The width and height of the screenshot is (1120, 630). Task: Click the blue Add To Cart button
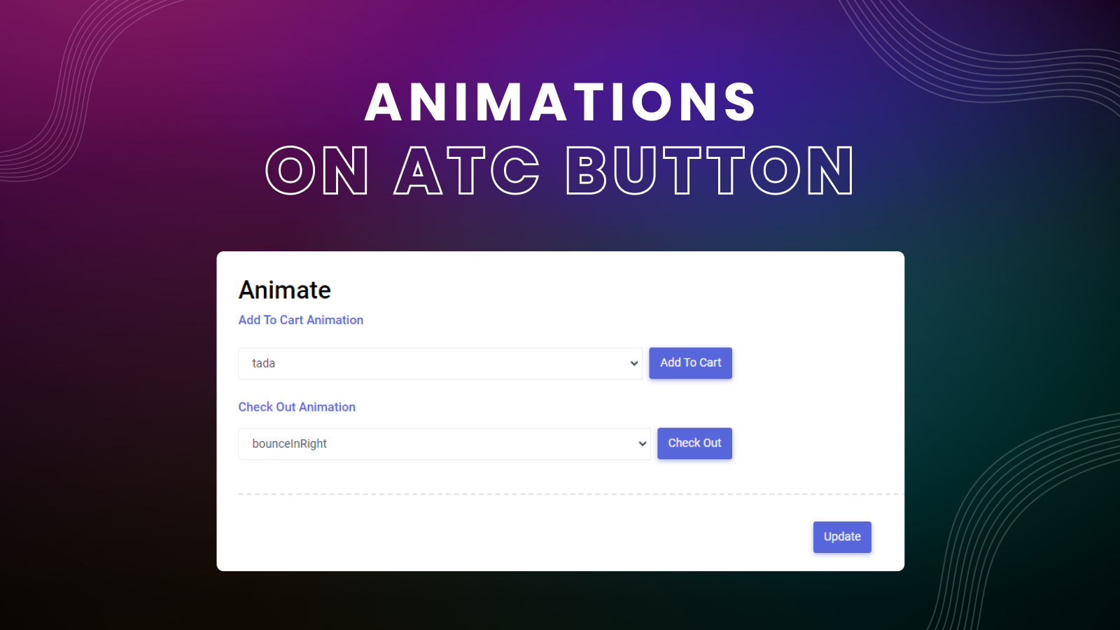tap(690, 363)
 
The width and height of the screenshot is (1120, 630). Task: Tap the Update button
tap(842, 537)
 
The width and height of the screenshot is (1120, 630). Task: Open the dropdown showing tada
tap(440, 363)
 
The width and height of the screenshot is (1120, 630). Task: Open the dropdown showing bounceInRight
tap(444, 444)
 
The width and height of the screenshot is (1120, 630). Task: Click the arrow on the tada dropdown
tap(634, 363)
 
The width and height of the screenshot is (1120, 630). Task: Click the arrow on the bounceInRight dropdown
tap(643, 444)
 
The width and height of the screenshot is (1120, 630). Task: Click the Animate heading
tap(284, 290)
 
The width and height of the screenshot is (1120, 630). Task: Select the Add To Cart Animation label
tap(300, 320)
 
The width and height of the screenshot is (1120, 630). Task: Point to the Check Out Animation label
tap(297, 407)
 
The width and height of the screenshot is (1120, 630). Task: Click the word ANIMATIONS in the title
tap(560, 102)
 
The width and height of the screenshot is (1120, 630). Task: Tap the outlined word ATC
tap(467, 170)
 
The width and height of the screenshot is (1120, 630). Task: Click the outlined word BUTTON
tap(710, 170)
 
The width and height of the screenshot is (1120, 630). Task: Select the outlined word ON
tap(317, 170)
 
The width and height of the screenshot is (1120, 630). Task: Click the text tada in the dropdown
tap(263, 363)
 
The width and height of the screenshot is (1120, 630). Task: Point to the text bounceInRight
tap(289, 444)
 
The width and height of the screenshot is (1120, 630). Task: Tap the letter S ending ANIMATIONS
tap(739, 102)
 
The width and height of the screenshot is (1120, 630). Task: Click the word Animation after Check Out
tap(327, 407)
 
